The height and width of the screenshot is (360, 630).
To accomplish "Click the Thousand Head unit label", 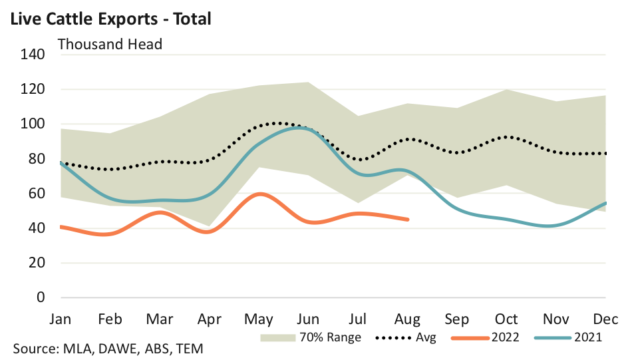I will pyautogui.click(x=110, y=45).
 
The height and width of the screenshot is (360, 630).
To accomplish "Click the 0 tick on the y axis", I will pyautogui.click(x=41, y=297).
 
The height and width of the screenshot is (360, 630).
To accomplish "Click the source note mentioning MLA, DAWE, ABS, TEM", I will pyautogui.click(x=108, y=349).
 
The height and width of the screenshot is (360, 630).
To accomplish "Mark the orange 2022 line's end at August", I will pyautogui.click(x=407, y=219).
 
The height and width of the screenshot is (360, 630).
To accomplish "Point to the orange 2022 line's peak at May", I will pyautogui.click(x=261, y=194).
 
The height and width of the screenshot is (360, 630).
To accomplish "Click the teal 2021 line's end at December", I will pyautogui.click(x=605, y=203).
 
